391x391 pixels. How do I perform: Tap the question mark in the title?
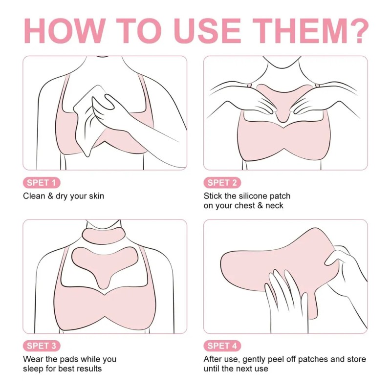(358, 31)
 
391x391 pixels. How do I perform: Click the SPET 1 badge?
(42, 182)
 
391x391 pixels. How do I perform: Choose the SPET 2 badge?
(222, 182)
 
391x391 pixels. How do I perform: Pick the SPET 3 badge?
(42, 346)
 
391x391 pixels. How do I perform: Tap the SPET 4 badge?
(222, 346)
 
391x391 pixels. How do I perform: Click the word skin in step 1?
(96, 196)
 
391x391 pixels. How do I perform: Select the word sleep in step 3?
(32, 369)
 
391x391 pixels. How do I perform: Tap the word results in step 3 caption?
(89, 369)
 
